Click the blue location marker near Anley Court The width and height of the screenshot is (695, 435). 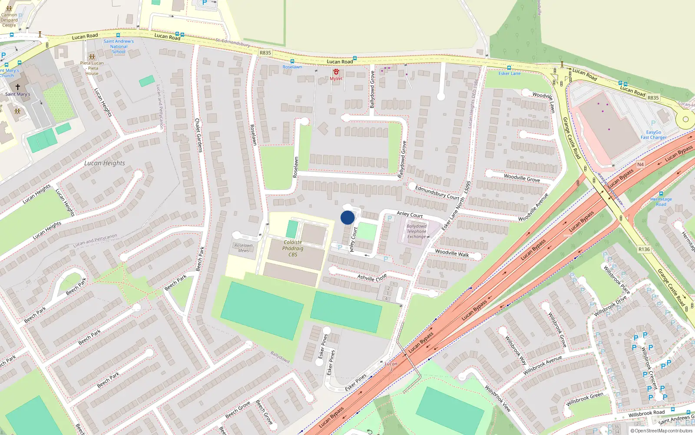[347, 217]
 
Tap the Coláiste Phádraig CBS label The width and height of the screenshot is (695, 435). [293, 248]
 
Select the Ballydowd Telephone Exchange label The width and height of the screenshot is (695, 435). [417, 231]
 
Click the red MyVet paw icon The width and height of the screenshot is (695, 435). [336, 72]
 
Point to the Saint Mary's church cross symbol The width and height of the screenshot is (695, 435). [18, 87]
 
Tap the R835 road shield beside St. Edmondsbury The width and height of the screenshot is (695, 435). [265, 53]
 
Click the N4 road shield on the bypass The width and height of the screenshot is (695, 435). [640, 164]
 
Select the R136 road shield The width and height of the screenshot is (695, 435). [644, 249]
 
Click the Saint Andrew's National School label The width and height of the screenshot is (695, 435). [119, 47]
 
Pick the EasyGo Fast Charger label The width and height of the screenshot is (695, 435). [653, 135]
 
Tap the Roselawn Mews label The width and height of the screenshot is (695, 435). [243, 248]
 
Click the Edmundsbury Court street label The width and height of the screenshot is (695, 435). [437, 193]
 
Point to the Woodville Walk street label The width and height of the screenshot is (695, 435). [452, 253]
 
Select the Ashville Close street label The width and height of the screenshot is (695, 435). [372, 278]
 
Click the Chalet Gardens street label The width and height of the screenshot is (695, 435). [199, 135]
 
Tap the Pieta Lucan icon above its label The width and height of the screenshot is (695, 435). [92, 57]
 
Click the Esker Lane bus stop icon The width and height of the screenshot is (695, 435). [509, 68]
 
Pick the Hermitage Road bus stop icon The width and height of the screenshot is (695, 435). [661, 194]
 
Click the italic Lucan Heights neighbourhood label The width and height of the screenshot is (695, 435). [105, 163]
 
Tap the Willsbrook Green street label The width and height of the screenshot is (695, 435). [584, 399]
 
